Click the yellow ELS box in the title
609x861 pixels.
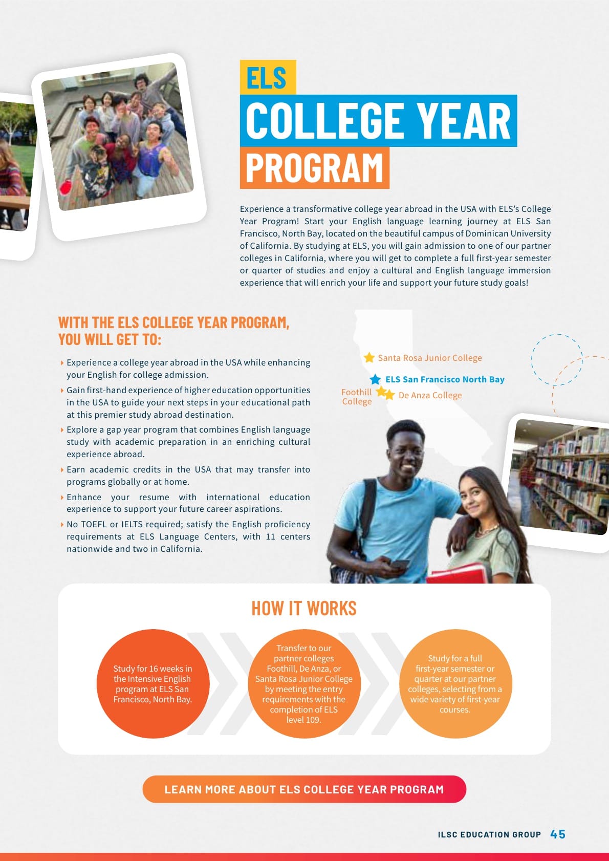(268, 77)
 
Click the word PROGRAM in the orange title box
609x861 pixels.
(314, 168)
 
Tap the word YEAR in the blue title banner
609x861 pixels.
(464, 121)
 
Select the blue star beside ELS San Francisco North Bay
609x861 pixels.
(375, 379)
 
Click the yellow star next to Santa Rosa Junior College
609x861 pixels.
(369, 357)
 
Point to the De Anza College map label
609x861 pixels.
(430, 395)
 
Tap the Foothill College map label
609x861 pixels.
(357, 397)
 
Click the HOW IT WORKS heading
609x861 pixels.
(304, 608)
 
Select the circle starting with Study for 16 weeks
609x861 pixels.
(153, 683)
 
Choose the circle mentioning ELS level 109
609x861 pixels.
(304, 683)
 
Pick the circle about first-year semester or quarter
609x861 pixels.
(455, 683)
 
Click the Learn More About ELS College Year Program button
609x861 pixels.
(304, 789)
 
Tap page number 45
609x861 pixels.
(558, 834)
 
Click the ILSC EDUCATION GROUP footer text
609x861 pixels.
(489, 834)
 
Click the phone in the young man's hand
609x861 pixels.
(400, 564)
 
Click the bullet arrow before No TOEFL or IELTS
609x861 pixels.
(62, 525)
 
